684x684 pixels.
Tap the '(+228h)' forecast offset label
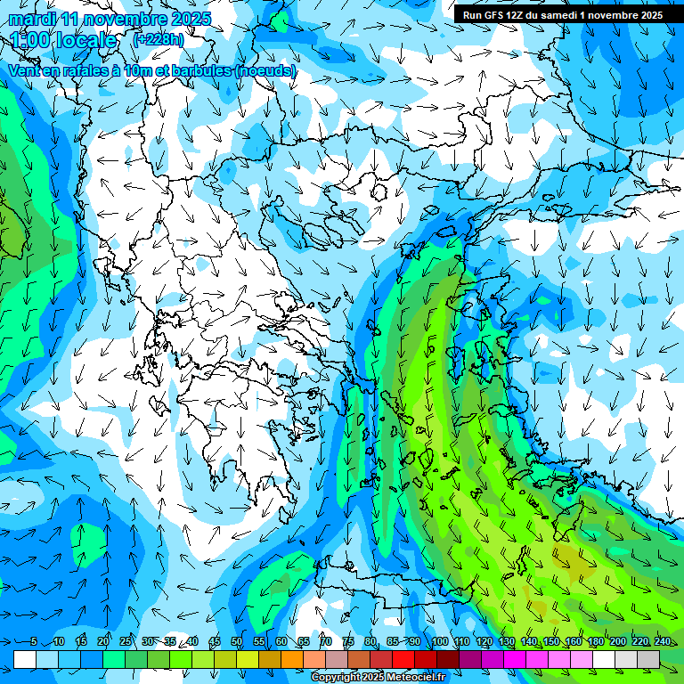(x=158, y=39)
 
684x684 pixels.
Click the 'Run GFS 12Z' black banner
(x=563, y=14)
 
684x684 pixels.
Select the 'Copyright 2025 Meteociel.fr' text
(x=378, y=678)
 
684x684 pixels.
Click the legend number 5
(x=34, y=641)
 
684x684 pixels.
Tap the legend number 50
(x=237, y=641)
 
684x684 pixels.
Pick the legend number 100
(x=439, y=641)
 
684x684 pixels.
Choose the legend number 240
(x=663, y=641)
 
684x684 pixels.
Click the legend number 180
(x=596, y=641)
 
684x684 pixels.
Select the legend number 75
(x=347, y=641)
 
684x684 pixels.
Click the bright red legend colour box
(x=403, y=659)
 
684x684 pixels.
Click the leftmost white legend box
(x=25, y=659)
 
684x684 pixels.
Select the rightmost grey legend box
(x=648, y=659)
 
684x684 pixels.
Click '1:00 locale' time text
(x=64, y=40)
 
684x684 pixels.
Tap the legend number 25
(x=126, y=641)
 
